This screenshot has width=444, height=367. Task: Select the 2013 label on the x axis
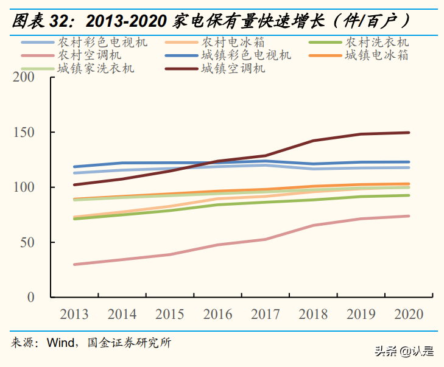(75, 315)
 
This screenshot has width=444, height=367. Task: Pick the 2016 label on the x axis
(218, 315)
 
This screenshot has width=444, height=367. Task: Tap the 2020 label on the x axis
(409, 315)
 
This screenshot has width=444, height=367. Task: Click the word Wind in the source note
(62, 343)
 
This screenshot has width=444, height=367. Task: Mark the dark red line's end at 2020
(409, 132)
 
